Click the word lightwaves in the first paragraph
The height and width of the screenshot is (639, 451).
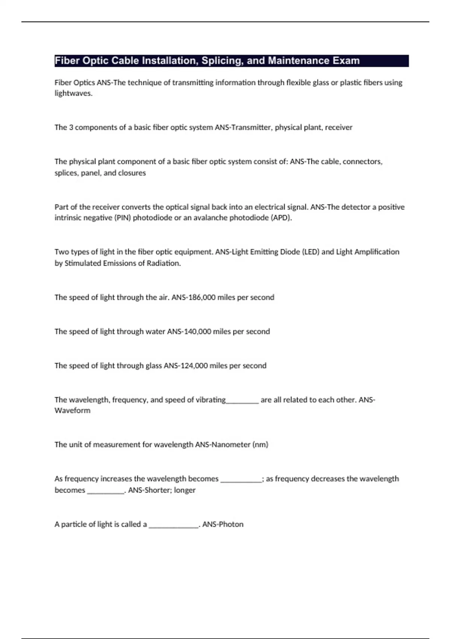[73, 94]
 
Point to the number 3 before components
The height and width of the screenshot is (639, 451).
[71, 127]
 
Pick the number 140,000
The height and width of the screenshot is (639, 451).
[198, 332]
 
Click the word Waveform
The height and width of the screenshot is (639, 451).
[73, 411]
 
